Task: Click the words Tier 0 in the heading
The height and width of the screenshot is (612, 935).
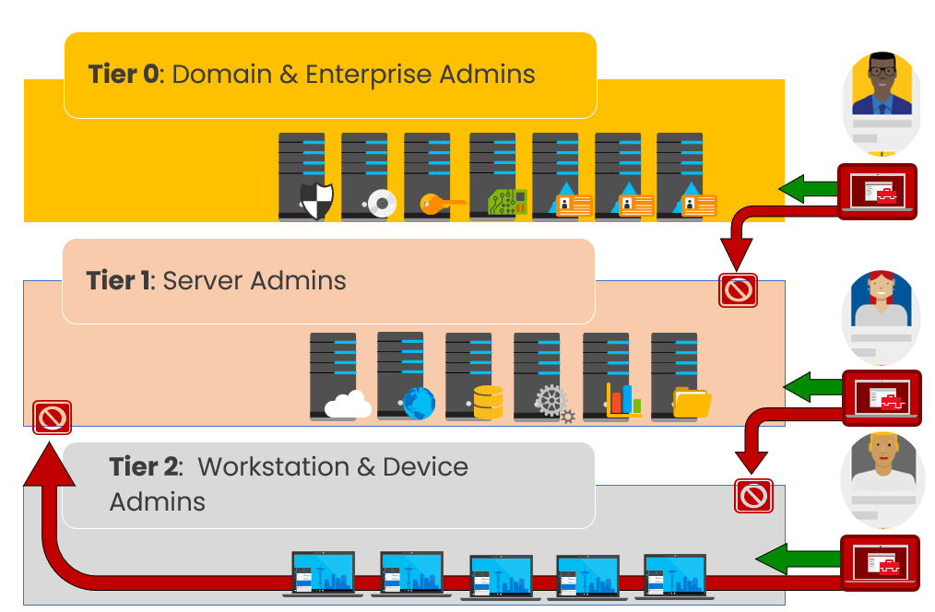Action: click(123, 74)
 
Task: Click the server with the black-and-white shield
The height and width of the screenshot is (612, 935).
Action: click(303, 177)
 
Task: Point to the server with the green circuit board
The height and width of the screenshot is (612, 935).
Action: click(493, 177)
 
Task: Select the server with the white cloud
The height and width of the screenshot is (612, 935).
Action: click(335, 377)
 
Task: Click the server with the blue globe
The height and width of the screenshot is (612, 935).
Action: click(402, 377)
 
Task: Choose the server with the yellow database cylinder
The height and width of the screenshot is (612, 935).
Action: click(470, 377)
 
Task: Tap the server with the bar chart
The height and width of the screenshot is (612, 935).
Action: click(608, 377)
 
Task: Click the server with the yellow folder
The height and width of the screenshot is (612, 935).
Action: click(676, 377)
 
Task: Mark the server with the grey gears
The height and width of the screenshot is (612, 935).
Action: click(539, 377)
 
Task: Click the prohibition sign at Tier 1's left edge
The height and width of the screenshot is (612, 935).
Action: click(52, 418)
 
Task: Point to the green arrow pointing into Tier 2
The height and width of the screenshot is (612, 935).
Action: click(785, 558)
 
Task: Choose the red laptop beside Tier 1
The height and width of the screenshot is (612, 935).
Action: click(880, 395)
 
